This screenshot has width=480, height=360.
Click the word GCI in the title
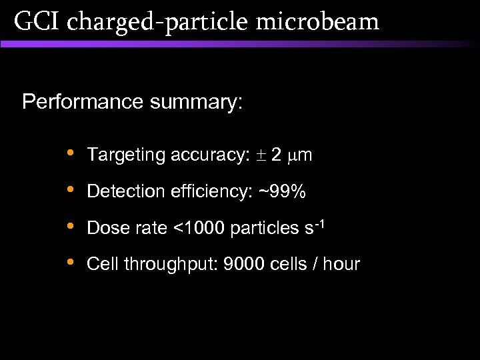pyautogui.click(x=36, y=21)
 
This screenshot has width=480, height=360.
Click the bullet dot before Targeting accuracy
pyautogui.click(x=71, y=153)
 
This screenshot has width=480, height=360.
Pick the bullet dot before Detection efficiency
pyautogui.click(x=71, y=190)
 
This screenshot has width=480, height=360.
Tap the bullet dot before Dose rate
pyautogui.click(x=71, y=226)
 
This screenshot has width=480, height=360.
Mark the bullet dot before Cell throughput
pyautogui.click(x=71, y=263)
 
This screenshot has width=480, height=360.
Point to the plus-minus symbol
pyautogui.click(x=259, y=156)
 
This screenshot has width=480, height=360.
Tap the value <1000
pyautogui.click(x=199, y=229)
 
